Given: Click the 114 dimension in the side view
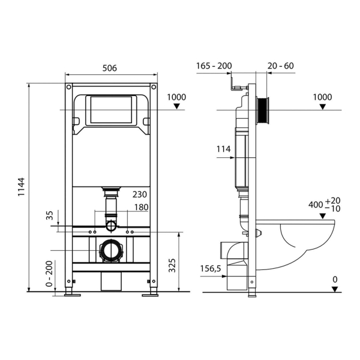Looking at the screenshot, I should coord(224,150).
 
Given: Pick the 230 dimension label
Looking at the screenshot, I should coord(140,194).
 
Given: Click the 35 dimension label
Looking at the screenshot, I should coord(50,215).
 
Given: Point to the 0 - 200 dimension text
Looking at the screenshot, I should coord(50,275).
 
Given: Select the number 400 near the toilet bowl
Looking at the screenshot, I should coord(316,204).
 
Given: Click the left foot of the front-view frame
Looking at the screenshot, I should coord(71,294).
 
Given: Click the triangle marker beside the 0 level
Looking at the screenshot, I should coord(337,289).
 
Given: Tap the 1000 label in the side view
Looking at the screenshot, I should coord(322,97).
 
